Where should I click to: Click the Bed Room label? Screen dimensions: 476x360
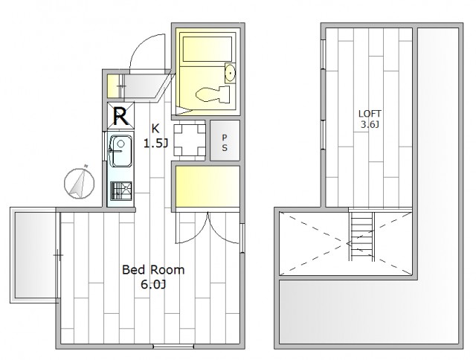[x=153, y=270]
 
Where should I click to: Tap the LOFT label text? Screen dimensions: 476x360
[x=370, y=114]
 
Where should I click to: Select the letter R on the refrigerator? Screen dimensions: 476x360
[x=120, y=116]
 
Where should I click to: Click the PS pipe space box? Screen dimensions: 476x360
[x=225, y=141]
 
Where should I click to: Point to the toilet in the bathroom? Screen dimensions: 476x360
[x=213, y=94]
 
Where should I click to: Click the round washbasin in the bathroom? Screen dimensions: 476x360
[x=231, y=73]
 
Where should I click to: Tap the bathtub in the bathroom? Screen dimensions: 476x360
[x=208, y=49]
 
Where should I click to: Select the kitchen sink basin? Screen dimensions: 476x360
[x=120, y=151]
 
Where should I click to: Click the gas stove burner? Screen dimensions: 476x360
[x=121, y=191]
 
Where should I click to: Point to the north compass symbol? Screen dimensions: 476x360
[x=80, y=183]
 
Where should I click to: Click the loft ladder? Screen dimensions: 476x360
[x=361, y=237]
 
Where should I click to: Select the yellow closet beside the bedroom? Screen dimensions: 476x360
[x=208, y=187]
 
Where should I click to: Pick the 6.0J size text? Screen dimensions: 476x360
[x=153, y=284]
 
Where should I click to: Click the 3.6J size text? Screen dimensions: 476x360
[x=370, y=124]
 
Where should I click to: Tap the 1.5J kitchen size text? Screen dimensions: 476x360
[x=155, y=144]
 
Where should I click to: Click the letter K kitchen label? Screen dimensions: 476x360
[x=155, y=129]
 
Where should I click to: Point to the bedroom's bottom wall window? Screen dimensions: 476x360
[x=173, y=347]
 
